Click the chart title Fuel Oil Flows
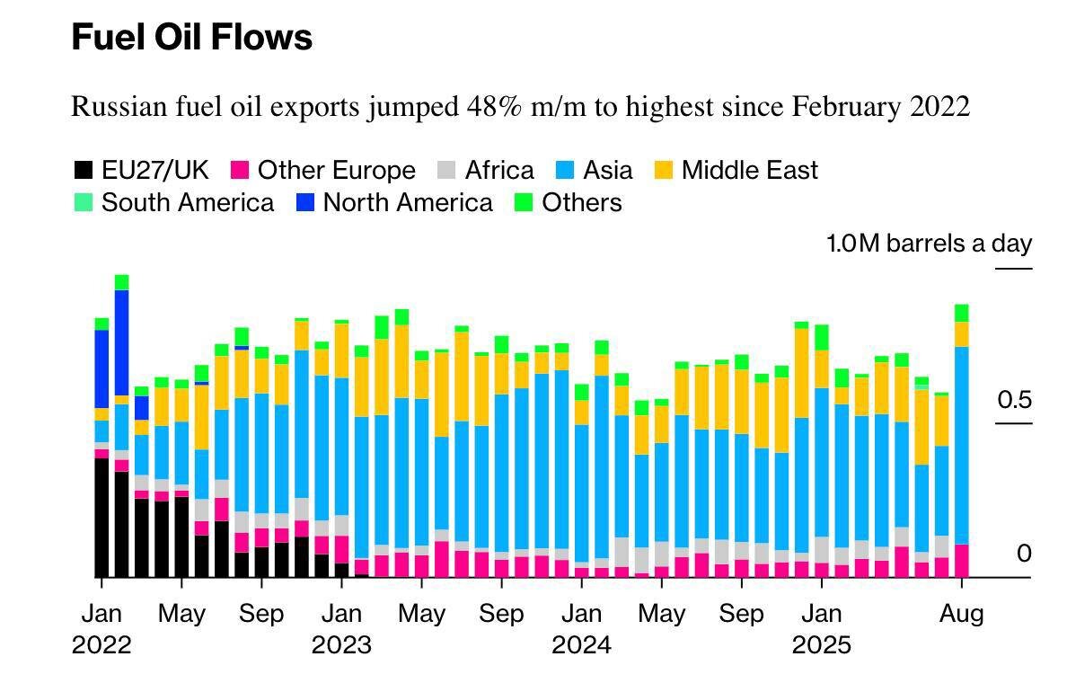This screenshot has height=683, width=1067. (x=191, y=38)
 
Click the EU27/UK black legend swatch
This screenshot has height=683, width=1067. (x=83, y=171)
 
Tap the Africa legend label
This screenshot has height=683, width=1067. (x=498, y=171)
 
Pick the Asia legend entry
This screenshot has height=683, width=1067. (x=607, y=171)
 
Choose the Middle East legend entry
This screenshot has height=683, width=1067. (x=749, y=171)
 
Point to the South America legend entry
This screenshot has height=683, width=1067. (x=187, y=202)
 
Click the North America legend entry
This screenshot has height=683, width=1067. (x=407, y=202)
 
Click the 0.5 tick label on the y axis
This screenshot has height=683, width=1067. (x=1014, y=400)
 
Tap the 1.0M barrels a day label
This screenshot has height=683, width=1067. (x=929, y=244)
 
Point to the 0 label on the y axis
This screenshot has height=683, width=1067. (x=1024, y=554)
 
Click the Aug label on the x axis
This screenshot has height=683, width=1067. (x=961, y=615)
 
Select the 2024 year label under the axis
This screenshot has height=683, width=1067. (x=580, y=645)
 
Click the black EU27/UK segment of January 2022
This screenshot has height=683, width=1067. (x=101, y=517)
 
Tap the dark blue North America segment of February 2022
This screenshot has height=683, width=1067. (x=121, y=341)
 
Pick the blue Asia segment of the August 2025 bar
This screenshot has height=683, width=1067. (x=961, y=445)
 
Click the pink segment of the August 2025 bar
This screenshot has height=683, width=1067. (x=961, y=561)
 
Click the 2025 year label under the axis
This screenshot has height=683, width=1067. (x=821, y=645)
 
